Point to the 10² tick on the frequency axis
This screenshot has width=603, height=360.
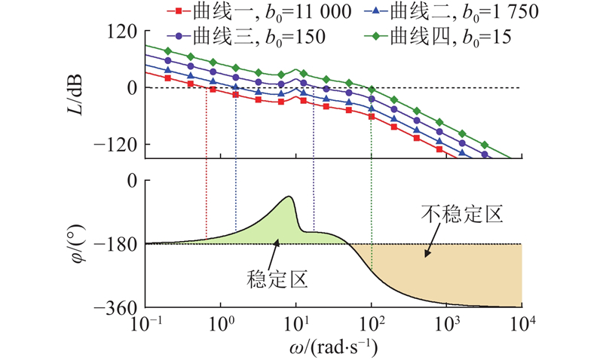pos(372,324)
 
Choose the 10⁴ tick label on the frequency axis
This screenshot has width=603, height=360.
pos(523,324)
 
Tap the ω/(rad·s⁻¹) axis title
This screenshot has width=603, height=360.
pos(333,347)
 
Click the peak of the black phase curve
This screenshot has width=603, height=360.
pos(289,197)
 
